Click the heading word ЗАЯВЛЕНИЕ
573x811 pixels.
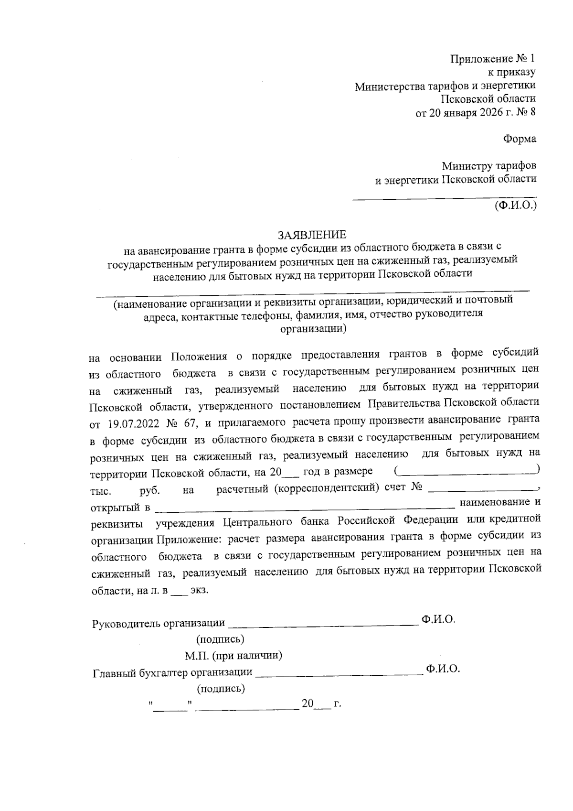click(312, 235)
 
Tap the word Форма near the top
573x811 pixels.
click(520, 139)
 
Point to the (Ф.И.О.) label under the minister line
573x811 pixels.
click(516, 206)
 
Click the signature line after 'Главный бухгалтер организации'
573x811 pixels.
click(339, 674)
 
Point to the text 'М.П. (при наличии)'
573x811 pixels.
click(233, 655)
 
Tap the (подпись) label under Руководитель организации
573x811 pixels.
click(220, 639)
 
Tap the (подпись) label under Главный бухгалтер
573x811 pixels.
click(221, 689)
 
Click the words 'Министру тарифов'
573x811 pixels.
click(488, 166)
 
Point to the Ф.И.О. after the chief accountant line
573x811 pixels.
click(443, 669)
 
